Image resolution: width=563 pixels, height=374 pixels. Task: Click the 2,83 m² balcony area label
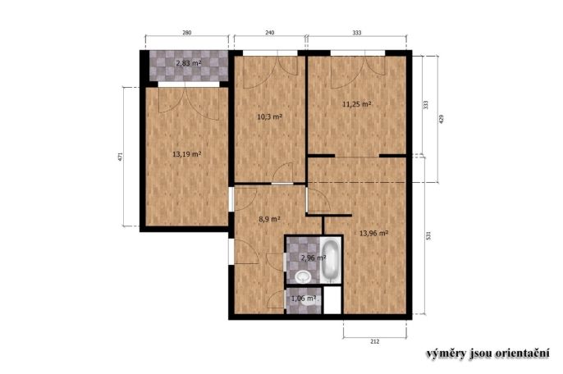pos(189,63)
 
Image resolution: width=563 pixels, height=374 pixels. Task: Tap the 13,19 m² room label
pos(187,154)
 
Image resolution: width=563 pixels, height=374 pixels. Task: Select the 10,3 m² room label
pos(269,116)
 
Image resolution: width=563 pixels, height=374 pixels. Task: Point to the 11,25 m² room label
pos(356,104)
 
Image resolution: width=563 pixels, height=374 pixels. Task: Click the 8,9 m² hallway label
pos(269,219)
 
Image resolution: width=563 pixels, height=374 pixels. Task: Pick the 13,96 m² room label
pos(373,234)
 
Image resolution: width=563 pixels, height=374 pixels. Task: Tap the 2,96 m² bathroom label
pos(314,258)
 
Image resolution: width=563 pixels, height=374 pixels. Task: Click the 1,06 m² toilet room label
pos(304,299)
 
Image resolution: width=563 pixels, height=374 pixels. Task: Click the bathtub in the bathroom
pos(330,261)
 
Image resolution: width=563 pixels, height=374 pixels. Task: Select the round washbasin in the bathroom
pos(304,276)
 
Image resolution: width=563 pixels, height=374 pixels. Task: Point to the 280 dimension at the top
pos(187,33)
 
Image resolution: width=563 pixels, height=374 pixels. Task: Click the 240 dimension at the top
pos(270,33)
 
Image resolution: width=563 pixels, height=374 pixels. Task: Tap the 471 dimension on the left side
pos(121,157)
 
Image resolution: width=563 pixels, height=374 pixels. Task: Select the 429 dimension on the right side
pos(442,119)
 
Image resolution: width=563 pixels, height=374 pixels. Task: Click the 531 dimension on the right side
pos(428,236)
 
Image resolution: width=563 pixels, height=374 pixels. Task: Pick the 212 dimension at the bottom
pos(374,342)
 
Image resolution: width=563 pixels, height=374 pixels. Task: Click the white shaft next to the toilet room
pos(332,300)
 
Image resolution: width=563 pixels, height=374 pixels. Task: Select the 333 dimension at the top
pos(356,33)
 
